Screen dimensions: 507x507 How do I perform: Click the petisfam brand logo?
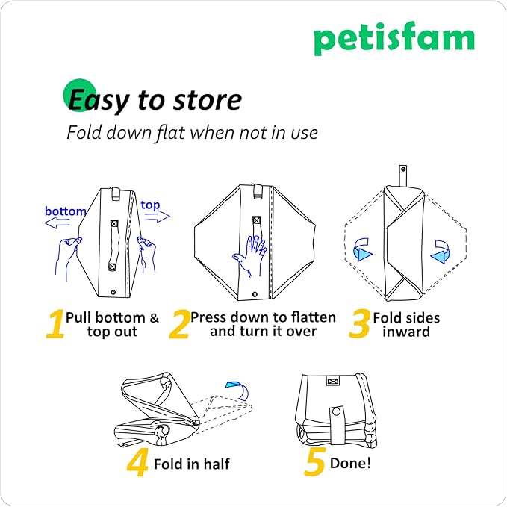(x=394, y=39)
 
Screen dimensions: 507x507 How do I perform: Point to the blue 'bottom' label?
(x=66, y=211)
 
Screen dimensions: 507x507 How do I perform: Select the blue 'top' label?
(x=150, y=205)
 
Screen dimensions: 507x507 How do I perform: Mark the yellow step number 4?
(x=137, y=463)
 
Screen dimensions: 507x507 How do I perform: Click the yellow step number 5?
(x=314, y=463)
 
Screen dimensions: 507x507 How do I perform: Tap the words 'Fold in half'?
(x=192, y=464)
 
